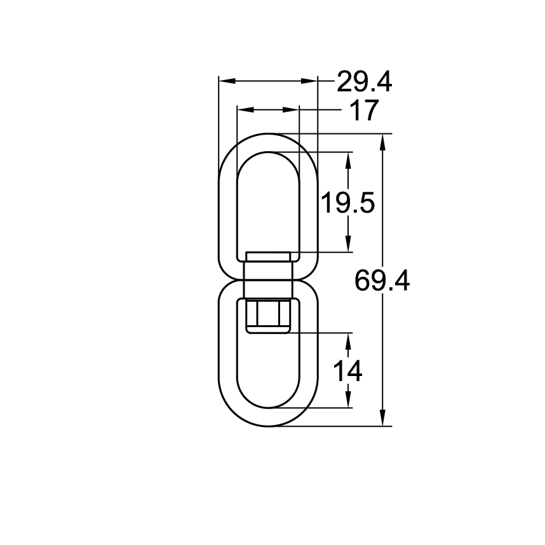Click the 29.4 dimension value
(364, 82)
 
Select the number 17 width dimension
(363, 111)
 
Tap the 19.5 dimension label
(347, 204)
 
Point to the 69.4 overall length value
(382, 280)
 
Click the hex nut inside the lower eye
(267, 316)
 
